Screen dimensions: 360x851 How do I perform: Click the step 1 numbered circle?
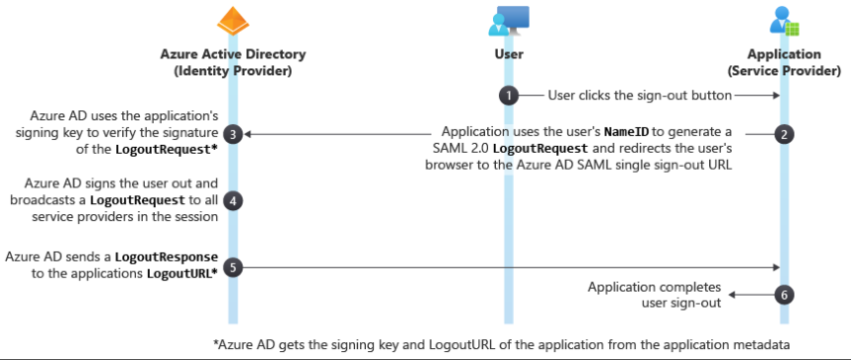[x=509, y=95]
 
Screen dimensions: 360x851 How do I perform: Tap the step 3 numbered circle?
[x=232, y=133]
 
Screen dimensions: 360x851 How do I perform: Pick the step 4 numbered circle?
[x=232, y=199]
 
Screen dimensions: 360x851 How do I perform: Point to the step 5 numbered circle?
[x=232, y=266]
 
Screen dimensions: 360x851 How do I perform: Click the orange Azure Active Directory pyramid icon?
[x=232, y=22]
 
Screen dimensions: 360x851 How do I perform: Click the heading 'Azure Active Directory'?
[x=232, y=54]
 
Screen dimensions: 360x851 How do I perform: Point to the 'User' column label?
[x=508, y=54]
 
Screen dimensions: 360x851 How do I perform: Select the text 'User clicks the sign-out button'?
[x=640, y=95]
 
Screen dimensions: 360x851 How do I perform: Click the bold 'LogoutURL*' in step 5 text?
[x=181, y=274]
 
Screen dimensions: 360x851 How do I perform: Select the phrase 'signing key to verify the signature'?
[x=117, y=132]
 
